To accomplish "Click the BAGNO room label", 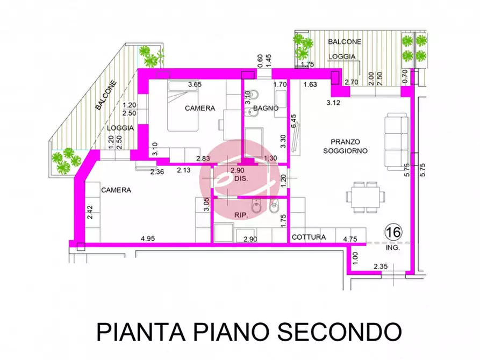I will click(x=266, y=108).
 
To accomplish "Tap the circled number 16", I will click(x=393, y=232).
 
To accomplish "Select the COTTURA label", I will click(x=309, y=237).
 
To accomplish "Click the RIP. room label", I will click(x=240, y=215).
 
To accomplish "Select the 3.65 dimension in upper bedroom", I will click(x=194, y=84).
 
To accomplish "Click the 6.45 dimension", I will click(x=293, y=121).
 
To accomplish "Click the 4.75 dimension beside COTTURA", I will click(x=350, y=237).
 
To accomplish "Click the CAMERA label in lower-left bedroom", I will click(x=116, y=190).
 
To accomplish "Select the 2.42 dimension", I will click(x=90, y=213).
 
